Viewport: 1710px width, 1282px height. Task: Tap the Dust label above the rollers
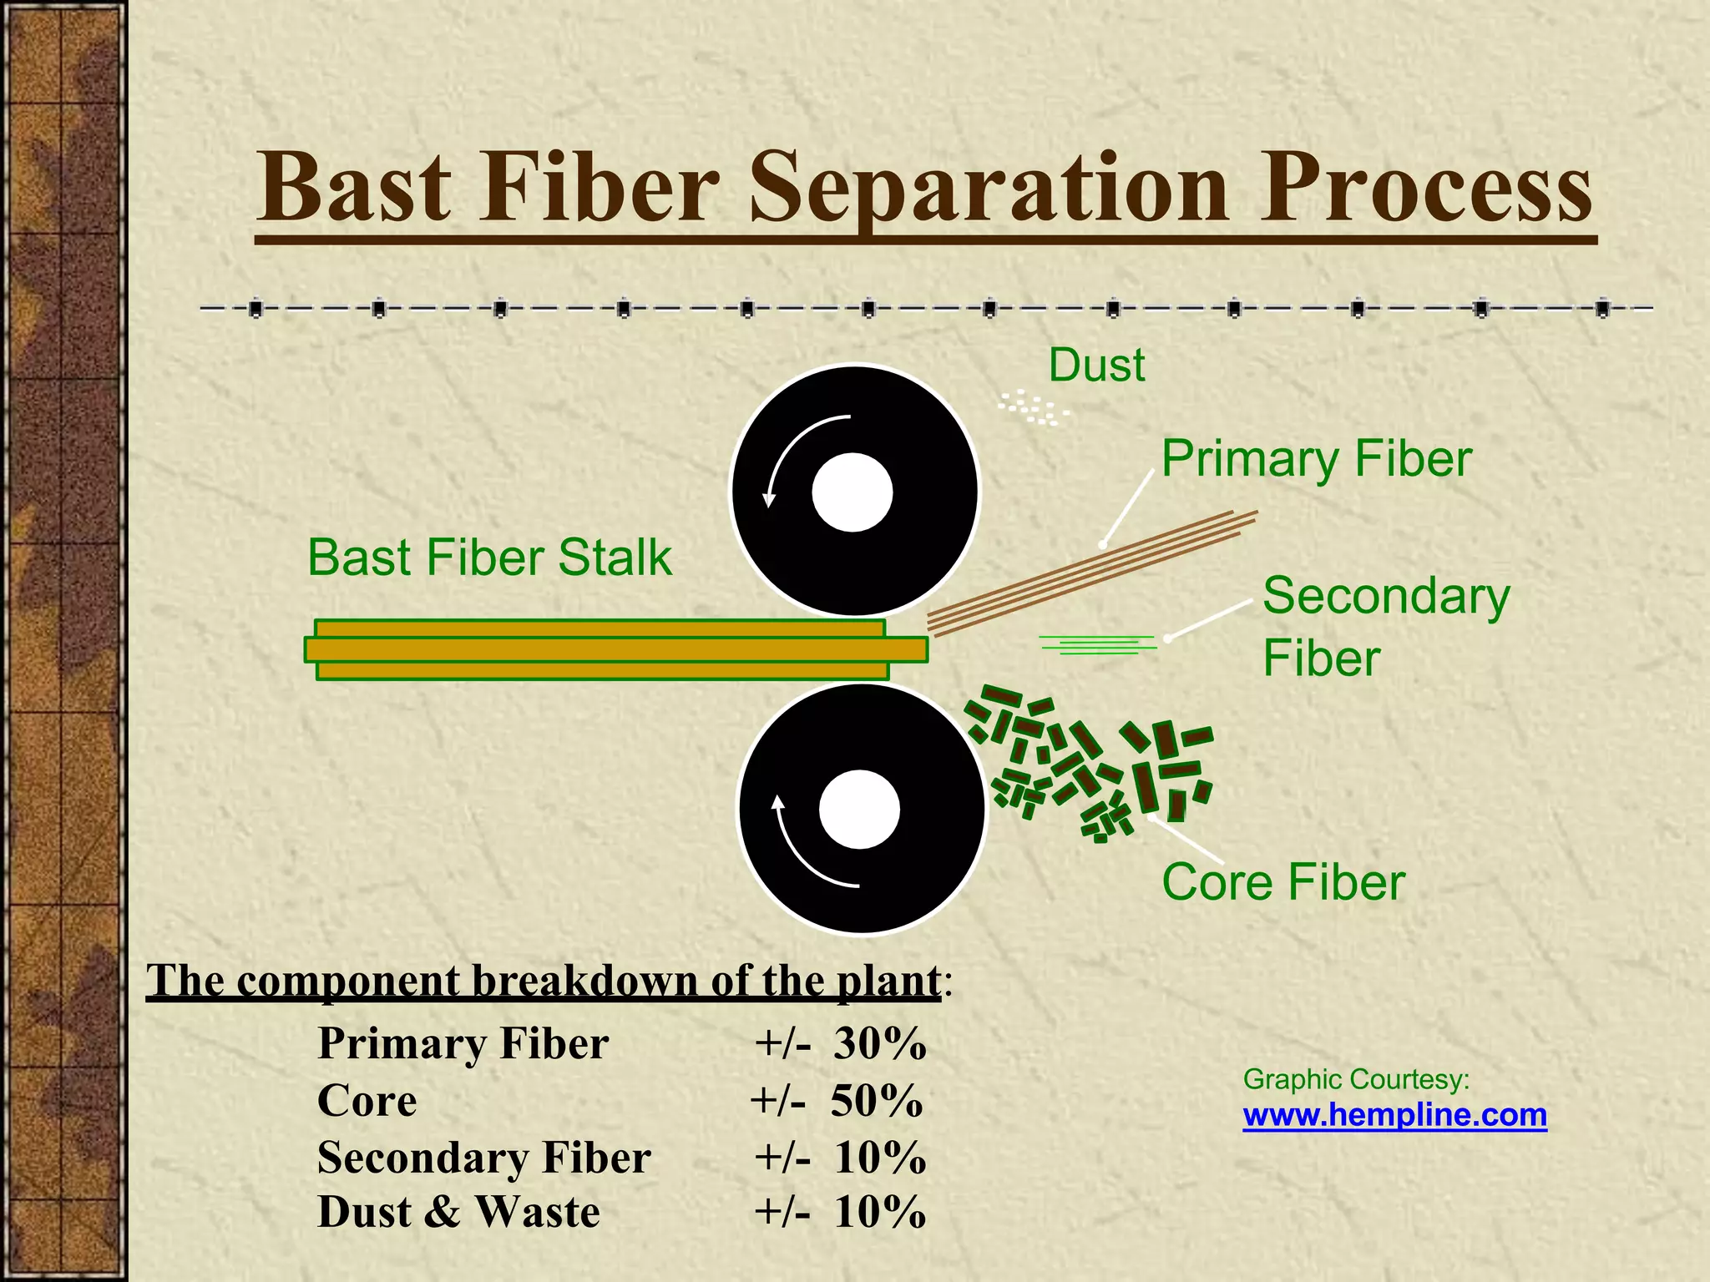tap(1096, 366)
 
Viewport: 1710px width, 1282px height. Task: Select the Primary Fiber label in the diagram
tap(1316, 459)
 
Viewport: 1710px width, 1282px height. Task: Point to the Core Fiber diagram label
tap(1283, 882)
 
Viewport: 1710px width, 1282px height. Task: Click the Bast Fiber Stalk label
tap(489, 558)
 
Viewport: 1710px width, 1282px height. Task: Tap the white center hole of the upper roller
tap(852, 492)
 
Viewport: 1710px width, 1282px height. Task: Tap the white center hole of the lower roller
tap(859, 809)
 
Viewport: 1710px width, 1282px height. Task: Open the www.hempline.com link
tap(1394, 1115)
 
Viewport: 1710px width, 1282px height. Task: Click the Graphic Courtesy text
tap(1356, 1079)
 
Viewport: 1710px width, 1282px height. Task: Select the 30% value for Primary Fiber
tap(880, 1043)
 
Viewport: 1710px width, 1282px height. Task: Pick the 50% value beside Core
tap(877, 1100)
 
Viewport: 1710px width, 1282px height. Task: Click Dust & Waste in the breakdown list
tap(458, 1212)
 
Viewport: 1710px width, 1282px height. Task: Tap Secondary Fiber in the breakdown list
tap(483, 1158)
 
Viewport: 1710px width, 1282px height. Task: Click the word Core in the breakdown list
tap(367, 1100)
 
